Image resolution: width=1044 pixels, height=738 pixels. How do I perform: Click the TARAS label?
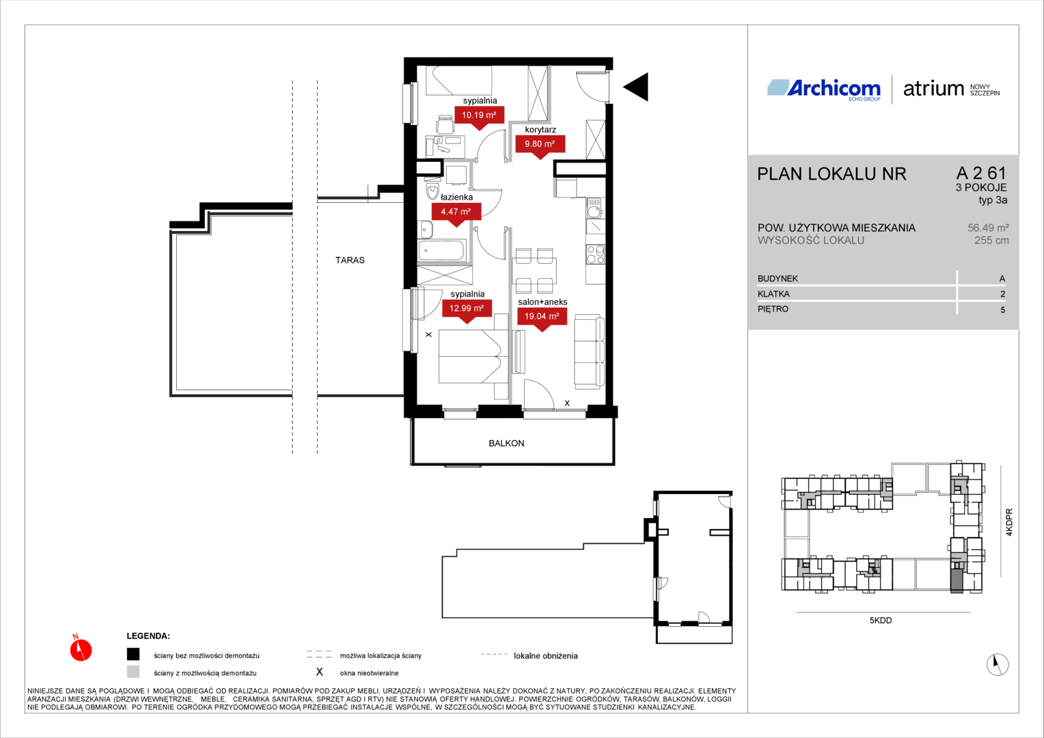350,260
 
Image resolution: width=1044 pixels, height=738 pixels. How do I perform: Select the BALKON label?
506,443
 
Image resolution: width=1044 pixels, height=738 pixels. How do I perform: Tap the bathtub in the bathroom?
441,250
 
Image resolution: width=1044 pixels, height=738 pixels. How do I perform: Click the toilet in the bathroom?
433,190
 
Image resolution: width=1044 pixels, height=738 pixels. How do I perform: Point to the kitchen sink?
594,209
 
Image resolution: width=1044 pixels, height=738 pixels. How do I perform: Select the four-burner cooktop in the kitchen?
595,255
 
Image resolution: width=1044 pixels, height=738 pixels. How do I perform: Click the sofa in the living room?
589,351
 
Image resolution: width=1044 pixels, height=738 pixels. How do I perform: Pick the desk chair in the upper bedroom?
445,124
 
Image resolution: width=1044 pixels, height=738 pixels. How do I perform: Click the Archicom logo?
824,89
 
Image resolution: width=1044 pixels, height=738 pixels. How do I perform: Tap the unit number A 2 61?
982,173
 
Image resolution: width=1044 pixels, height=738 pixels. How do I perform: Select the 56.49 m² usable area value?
988,228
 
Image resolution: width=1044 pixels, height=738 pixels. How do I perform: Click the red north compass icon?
81,648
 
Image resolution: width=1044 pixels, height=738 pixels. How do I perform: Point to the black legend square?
133,655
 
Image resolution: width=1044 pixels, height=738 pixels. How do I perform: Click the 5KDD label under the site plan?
881,620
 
